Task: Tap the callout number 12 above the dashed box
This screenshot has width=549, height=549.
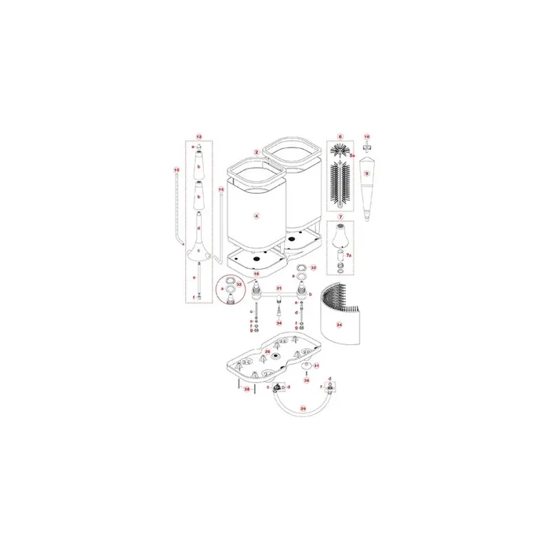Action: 198,136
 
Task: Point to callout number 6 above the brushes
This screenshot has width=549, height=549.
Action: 340,136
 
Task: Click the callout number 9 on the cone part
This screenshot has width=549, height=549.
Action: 366,173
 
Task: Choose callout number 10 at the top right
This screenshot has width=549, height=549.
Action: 366,136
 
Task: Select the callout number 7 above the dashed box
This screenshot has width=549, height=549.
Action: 340,216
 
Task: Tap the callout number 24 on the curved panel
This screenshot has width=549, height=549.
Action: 339,323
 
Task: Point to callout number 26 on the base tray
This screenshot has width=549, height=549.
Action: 267,352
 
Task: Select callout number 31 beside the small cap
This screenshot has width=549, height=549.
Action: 317,365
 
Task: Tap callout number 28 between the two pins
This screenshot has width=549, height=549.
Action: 246,389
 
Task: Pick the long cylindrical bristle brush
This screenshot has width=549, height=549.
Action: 340,183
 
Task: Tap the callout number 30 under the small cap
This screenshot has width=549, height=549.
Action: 307,381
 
